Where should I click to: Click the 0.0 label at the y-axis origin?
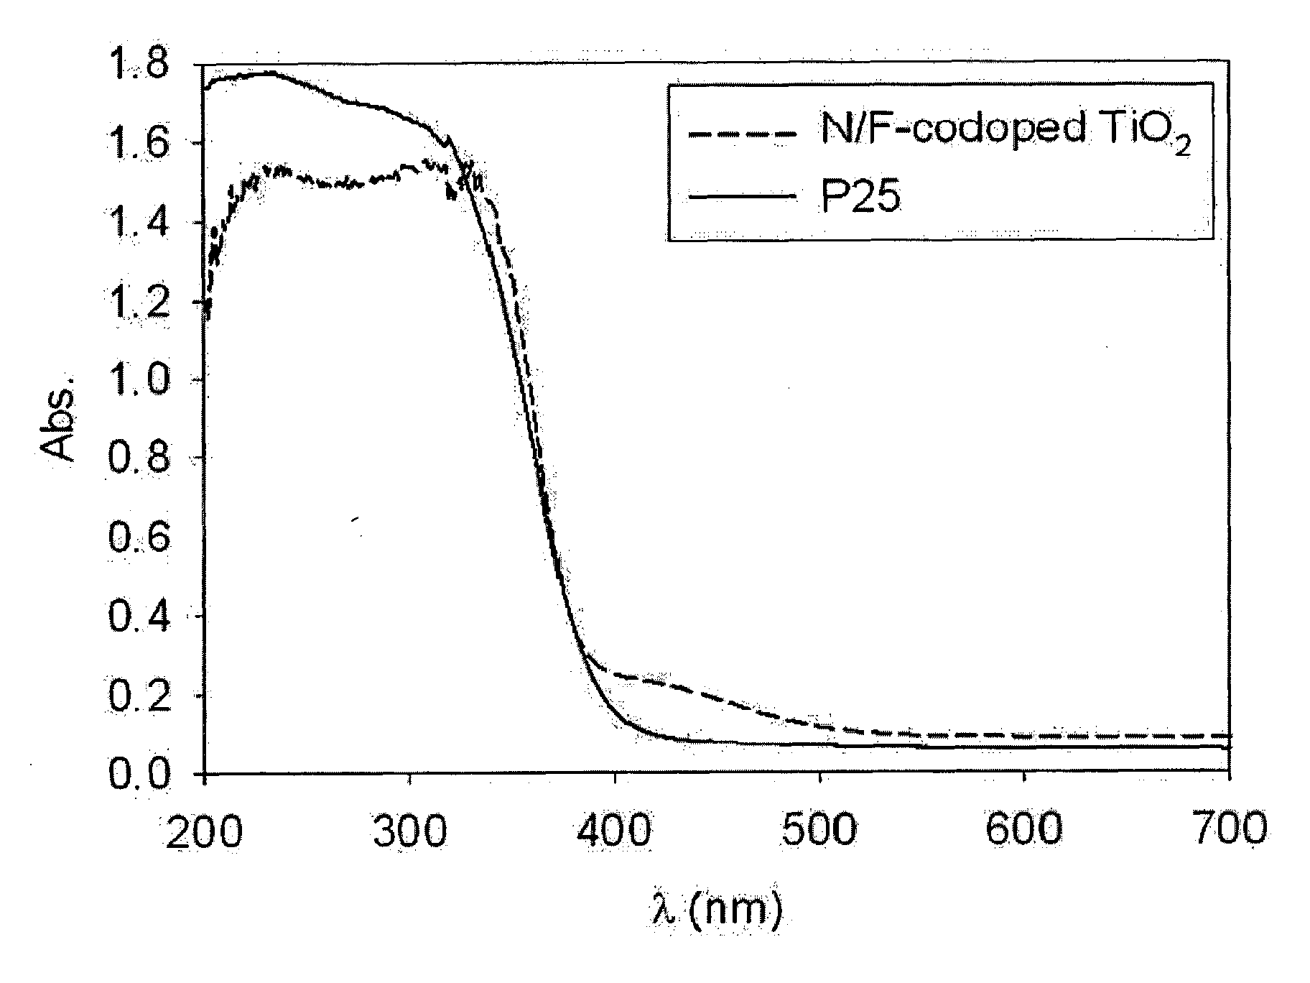tap(139, 775)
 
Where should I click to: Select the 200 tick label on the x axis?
tap(203, 830)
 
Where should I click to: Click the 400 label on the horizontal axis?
tap(615, 830)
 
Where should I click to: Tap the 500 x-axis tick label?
tap(819, 830)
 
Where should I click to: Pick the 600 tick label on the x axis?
tap(1024, 830)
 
